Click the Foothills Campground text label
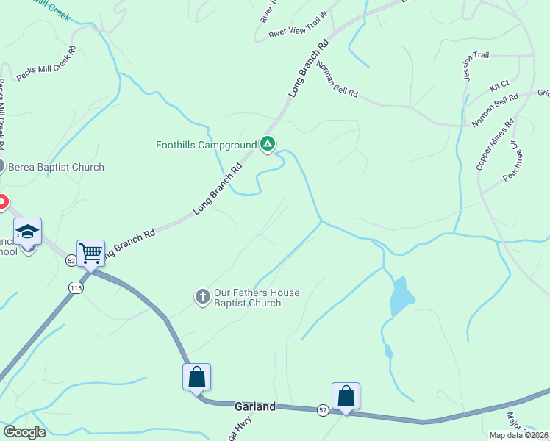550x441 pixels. click(x=206, y=145)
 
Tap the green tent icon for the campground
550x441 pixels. click(x=268, y=144)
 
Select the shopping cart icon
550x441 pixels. click(x=90, y=254)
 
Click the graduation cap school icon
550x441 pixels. click(x=28, y=232)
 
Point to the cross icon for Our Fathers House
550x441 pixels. click(x=203, y=297)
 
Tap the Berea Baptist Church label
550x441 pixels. click(x=56, y=167)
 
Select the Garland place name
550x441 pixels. click(x=254, y=406)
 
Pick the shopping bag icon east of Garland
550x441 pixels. click(x=346, y=396)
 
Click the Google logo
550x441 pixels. click(x=25, y=431)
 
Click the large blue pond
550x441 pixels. click(x=401, y=295)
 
